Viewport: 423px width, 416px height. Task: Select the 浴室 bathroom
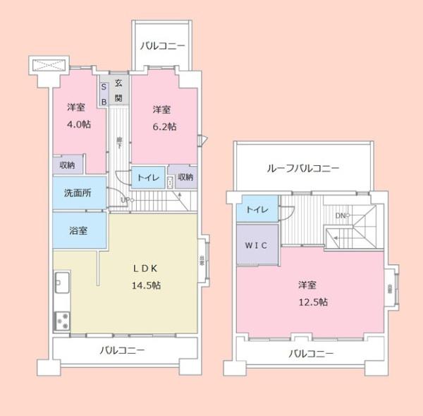pos(78,232)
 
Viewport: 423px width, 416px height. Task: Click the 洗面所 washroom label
pos(78,192)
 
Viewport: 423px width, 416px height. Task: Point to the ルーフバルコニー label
pos(303,169)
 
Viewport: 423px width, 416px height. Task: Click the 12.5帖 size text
pos(312,302)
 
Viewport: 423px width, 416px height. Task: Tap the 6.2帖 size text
pos(162,126)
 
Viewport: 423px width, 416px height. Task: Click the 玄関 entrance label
pos(119,89)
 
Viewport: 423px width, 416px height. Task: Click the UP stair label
pos(125,200)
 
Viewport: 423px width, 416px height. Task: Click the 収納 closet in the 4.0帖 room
pos(67,165)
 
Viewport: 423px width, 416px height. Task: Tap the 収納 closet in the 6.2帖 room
pos(185,177)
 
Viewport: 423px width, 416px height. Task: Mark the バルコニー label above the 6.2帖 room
pos(162,47)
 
